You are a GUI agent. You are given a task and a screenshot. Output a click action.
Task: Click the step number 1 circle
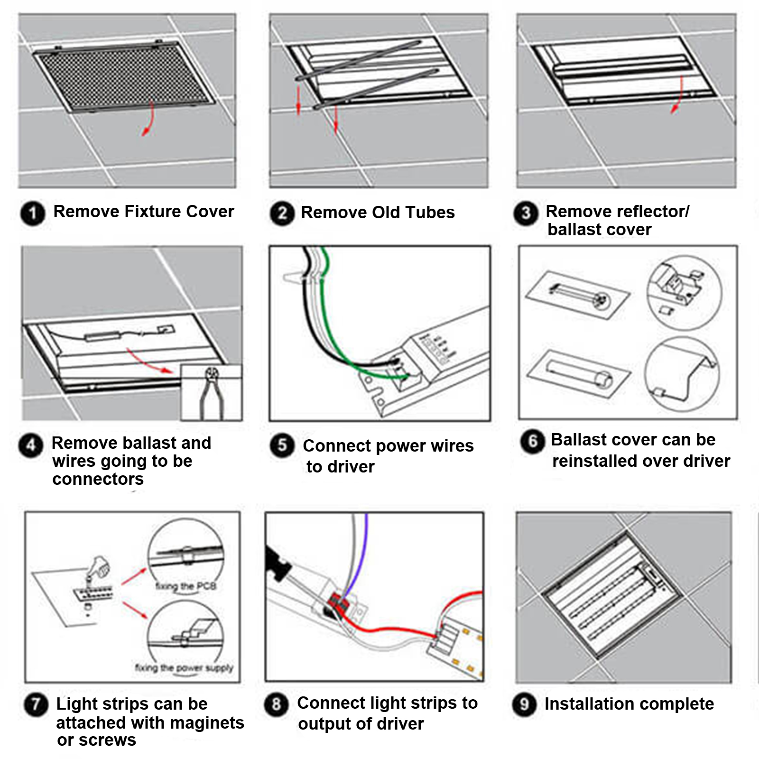(32, 213)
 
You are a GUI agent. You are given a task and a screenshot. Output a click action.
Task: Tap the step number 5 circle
(282, 446)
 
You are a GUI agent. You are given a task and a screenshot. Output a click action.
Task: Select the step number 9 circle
(524, 704)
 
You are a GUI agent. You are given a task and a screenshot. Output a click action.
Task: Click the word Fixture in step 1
(153, 212)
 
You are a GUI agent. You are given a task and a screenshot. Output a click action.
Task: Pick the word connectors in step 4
(98, 479)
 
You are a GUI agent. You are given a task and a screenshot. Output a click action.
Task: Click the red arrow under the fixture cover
(148, 122)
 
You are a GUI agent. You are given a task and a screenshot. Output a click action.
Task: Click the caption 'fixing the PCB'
(186, 586)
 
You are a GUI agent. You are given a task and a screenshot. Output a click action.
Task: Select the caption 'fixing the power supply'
(184, 668)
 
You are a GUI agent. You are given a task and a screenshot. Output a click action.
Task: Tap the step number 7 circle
(36, 705)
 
